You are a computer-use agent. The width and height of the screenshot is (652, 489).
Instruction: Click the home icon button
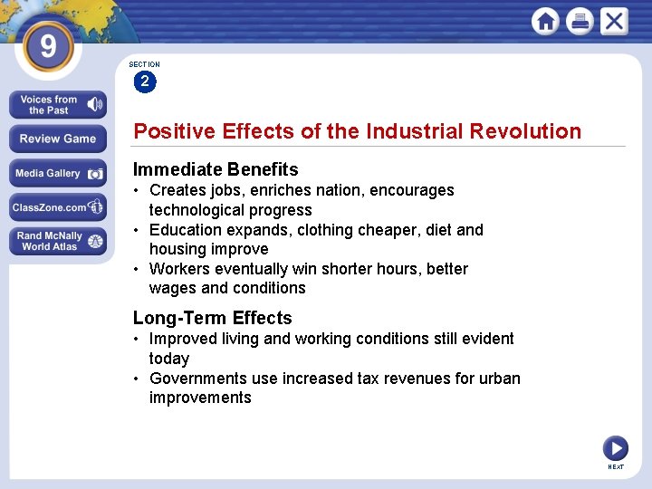tap(545, 21)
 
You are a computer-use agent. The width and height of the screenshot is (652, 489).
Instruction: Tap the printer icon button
tap(580, 21)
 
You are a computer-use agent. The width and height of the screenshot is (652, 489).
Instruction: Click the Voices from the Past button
tap(58, 105)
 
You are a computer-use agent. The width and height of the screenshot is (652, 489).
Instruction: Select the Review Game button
tap(58, 139)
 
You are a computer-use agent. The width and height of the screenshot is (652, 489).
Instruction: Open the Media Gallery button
tap(58, 174)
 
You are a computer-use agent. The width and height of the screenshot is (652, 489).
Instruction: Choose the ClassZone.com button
tap(58, 207)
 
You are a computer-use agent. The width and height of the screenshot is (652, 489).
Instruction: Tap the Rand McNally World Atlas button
tap(58, 241)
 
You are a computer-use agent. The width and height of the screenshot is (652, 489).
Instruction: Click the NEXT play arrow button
tap(615, 447)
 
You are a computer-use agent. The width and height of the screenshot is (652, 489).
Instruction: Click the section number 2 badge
tap(144, 82)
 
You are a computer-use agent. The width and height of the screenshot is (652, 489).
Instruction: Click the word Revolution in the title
tap(525, 131)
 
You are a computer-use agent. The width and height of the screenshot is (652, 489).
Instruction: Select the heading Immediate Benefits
tap(216, 169)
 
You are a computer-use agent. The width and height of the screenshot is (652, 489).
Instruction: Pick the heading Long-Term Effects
tap(213, 318)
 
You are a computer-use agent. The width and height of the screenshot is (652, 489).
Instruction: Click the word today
tap(169, 359)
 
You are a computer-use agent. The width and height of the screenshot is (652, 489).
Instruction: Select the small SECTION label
tap(144, 65)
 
